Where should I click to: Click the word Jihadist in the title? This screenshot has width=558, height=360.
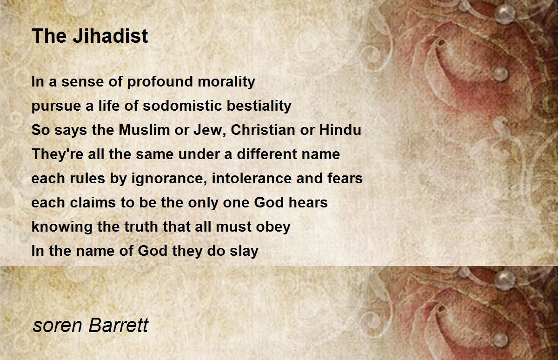pyautogui.click(x=111, y=36)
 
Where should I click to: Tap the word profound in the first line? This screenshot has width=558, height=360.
pyautogui.click(x=160, y=81)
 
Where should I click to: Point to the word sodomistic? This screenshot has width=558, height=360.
pyautogui.click(x=182, y=106)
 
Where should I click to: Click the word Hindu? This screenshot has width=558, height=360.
pyautogui.click(x=340, y=130)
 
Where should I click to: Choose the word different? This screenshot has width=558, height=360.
pyautogui.click(x=266, y=154)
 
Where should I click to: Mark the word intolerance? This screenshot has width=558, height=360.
pyautogui.click(x=252, y=179)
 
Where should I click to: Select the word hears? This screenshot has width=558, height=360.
pyautogui.click(x=308, y=202)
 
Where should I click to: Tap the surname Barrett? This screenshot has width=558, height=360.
pyautogui.click(x=119, y=325)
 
